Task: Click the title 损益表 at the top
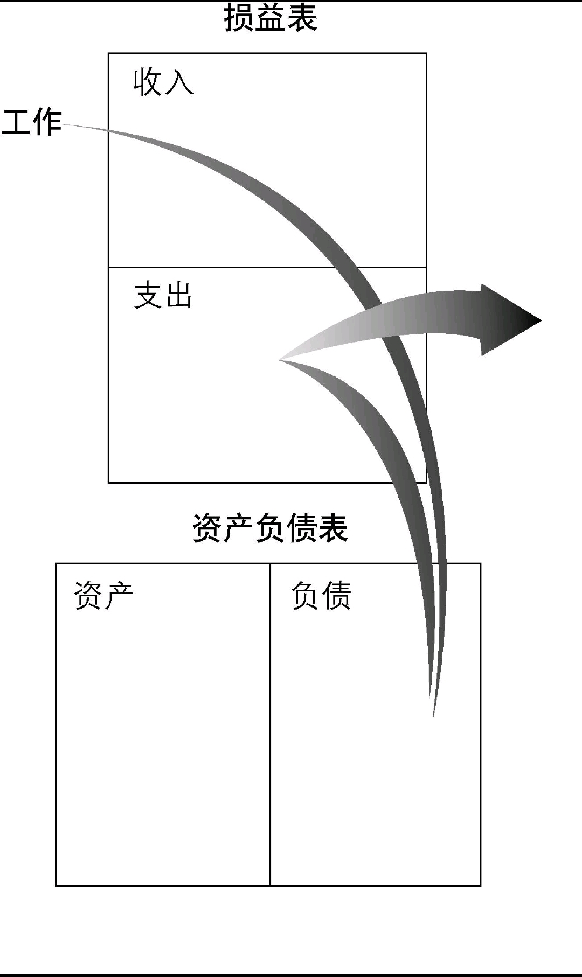pyautogui.click(x=271, y=17)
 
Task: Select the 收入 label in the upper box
pyautogui.click(x=163, y=82)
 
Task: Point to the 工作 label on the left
pyautogui.click(x=32, y=122)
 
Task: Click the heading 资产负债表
pyautogui.click(x=270, y=528)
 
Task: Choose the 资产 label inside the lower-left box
pyautogui.click(x=103, y=596)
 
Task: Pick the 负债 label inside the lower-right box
pyautogui.click(x=321, y=596)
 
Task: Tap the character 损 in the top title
pyautogui.click(x=239, y=17)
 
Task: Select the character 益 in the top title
pyautogui.click(x=271, y=17)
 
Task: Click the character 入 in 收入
pyautogui.click(x=179, y=83)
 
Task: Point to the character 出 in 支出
pyautogui.click(x=179, y=295)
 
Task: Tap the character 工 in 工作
pyautogui.click(x=17, y=122)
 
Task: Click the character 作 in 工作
pyautogui.click(x=47, y=122)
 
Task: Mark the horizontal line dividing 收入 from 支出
pyautogui.click(x=216, y=267)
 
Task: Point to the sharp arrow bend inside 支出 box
pyautogui.click(x=282, y=359)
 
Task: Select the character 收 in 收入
pyautogui.click(x=148, y=82)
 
